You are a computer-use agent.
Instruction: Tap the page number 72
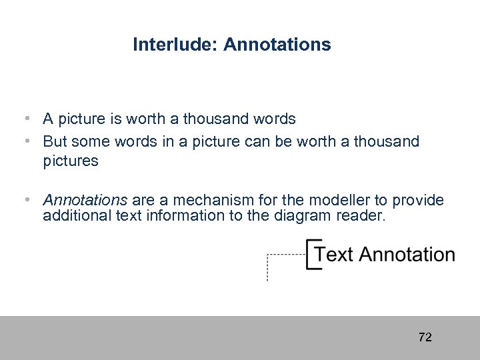pos(425,337)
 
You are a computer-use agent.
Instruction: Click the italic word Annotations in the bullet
pos(85,201)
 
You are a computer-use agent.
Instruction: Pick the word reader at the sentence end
pos(363,215)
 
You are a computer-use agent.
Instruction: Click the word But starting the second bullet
pos(55,141)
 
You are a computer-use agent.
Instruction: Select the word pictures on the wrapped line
pos(71,161)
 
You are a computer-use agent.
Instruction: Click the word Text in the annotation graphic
pos(334,255)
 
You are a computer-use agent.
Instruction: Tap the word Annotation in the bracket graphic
pos(407,255)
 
